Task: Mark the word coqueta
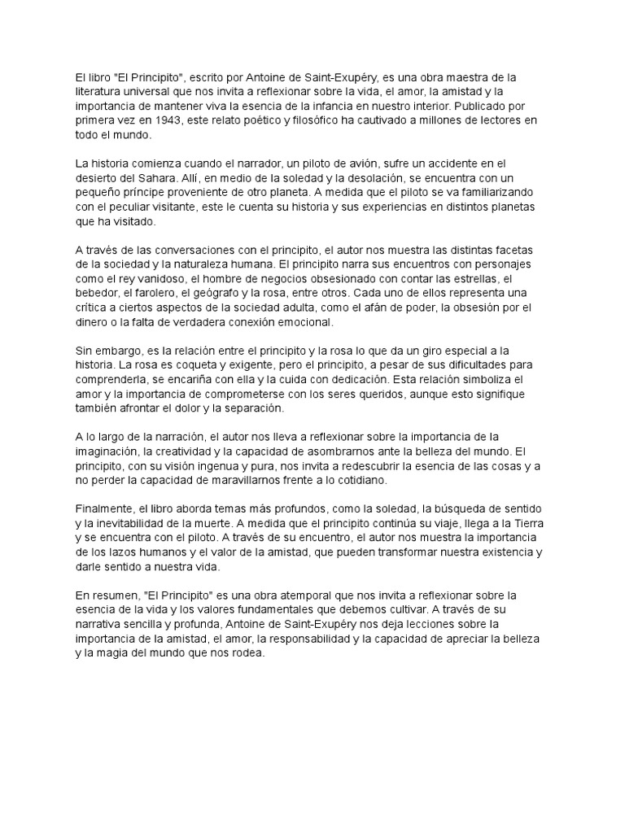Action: (x=191, y=364)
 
